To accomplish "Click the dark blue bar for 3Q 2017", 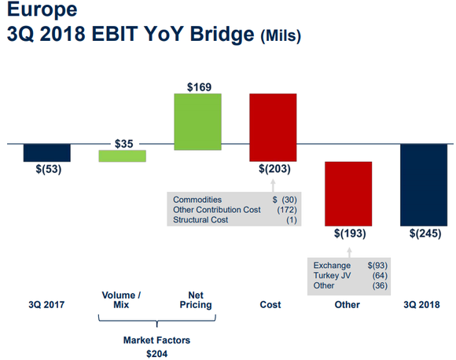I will coord(47,152).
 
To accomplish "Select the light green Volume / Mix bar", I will coord(122,156).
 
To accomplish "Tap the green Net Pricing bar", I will coord(197,121).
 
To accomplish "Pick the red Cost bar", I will coord(273,127).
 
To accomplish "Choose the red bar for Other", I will coord(348,193).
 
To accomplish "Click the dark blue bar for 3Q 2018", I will coord(425,184).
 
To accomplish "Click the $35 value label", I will coord(123,144).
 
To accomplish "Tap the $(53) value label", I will coord(47,168).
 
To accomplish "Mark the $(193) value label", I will coord(348,233).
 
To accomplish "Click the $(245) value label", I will coord(425,233).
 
